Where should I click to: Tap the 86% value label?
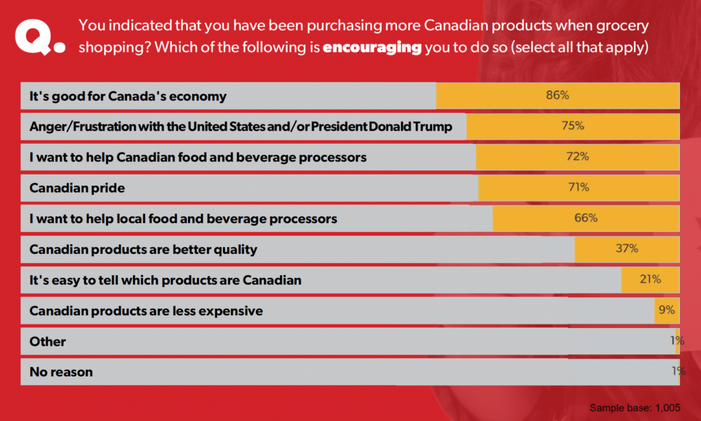pos(557,95)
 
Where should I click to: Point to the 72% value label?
pos(577,157)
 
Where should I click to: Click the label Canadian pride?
pos(77,188)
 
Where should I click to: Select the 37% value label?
pos(626,248)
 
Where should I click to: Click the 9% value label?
pos(666,310)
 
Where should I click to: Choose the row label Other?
pos(48,341)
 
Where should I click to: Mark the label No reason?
pos(61,372)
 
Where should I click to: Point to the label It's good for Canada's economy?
pos(127,96)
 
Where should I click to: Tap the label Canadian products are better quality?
pos(143,249)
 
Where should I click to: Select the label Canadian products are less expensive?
pos(146,311)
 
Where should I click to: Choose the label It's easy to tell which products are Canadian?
pos(165,280)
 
